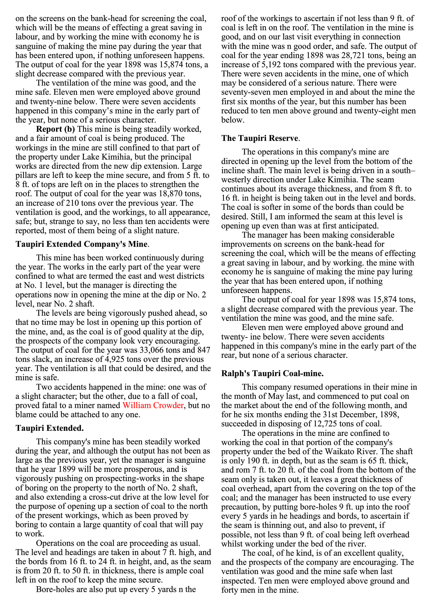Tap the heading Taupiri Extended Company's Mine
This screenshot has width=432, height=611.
pyautogui.click(x=82, y=244)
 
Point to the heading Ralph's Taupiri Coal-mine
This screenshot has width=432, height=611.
pyautogui.click(x=272, y=373)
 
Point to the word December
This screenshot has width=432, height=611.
pyautogui.click(x=357, y=414)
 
